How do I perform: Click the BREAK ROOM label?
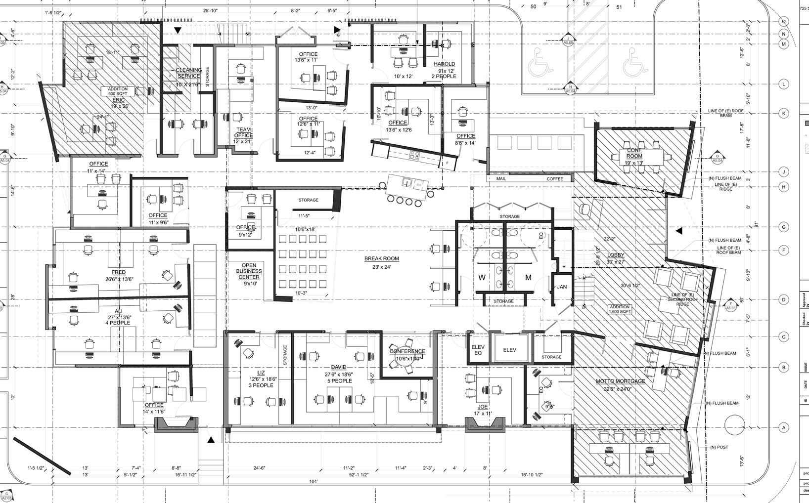pyautogui.click(x=381, y=258)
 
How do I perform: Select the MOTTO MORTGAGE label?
pyautogui.click(x=620, y=381)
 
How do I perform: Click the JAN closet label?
pyautogui.click(x=562, y=287)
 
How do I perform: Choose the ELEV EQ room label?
pyautogui.click(x=478, y=350)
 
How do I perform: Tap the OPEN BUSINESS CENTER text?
pyautogui.click(x=249, y=271)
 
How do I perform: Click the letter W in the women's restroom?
pyautogui.click(x=482, y=278)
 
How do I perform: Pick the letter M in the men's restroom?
pyautogui.click(x=528, y=278)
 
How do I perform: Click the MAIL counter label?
pyautogui.click(x=507, y=179)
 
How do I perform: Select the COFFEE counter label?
pyautogui.click(x=554, y=179)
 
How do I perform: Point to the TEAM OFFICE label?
pyautogui.click(x=243, y=132)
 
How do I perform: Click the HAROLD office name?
pyautogui.click(x=444, y=64)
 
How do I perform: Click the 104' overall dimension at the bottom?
pyautogui.click(x=313, y=481)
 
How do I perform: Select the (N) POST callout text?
pyautogui.click(x=719, y=447)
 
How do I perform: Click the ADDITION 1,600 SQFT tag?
pyautogui.click(x=620, y=309)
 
